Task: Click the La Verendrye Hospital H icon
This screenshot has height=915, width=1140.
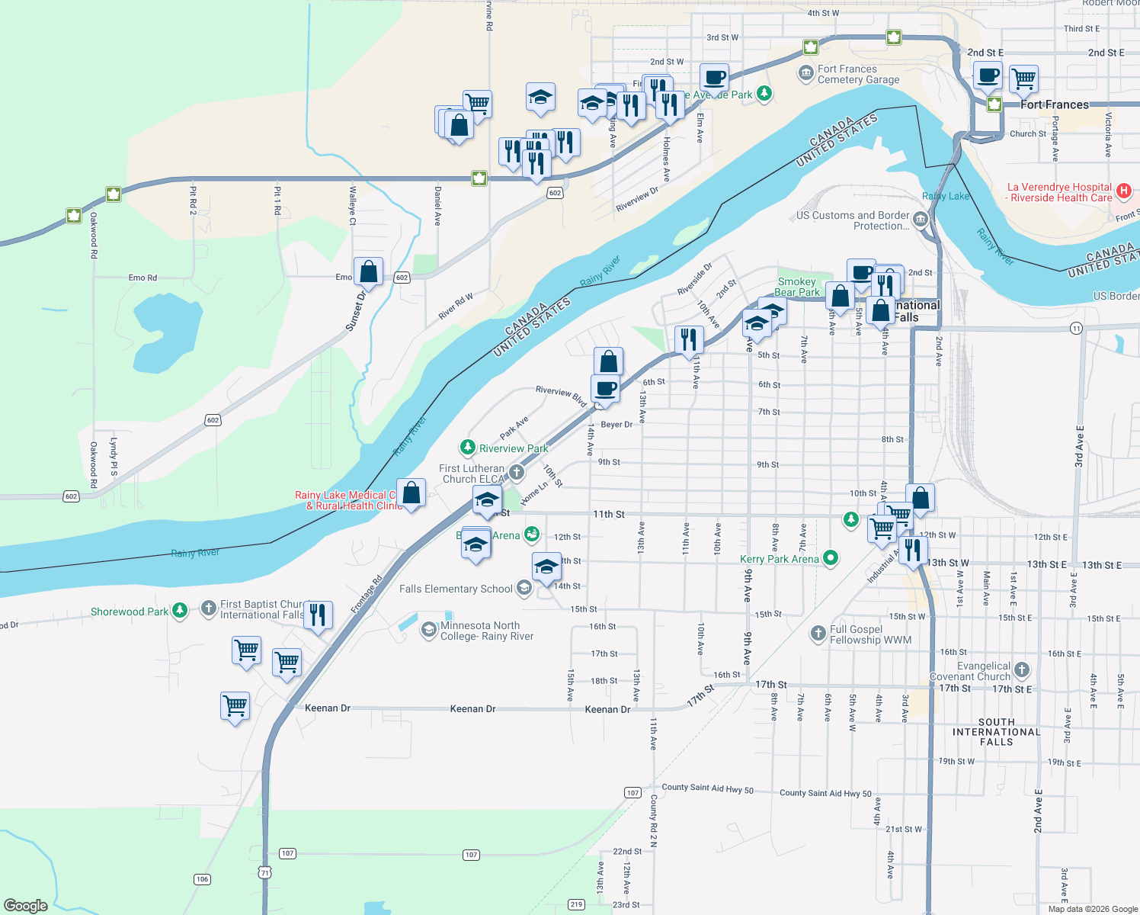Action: click(1123, 191)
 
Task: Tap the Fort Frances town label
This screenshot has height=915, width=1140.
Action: click(1055, 104)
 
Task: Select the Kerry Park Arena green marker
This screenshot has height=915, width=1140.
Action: click(831, 558)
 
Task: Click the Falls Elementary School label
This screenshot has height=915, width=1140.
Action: click(456, 589)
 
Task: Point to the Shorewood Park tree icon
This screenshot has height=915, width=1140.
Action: click(180, 610)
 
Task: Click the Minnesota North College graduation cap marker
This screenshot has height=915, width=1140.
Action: click(429, 631)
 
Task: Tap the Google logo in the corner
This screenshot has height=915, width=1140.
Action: click(26, 905)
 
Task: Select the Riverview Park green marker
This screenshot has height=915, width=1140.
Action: click(468, 448)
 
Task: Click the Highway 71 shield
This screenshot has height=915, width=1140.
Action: click(264, 872)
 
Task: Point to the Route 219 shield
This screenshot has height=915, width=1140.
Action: click(576, 904)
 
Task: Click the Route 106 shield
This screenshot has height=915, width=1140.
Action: click(202, 879)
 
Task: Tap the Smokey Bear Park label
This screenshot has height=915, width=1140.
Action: click(797, 287)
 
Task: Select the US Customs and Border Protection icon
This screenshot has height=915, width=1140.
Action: click(921, 220)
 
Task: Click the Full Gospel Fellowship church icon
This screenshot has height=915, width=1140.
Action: click(818, 633)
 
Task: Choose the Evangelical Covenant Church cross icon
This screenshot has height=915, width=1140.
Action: click(1022, 670)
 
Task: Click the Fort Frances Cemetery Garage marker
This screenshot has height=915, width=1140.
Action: click(805, 74)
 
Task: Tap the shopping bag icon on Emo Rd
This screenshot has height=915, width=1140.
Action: click(368, 272)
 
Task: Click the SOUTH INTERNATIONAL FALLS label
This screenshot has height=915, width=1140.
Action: click(996, 731)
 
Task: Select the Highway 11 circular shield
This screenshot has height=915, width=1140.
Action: click(1076, 328)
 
